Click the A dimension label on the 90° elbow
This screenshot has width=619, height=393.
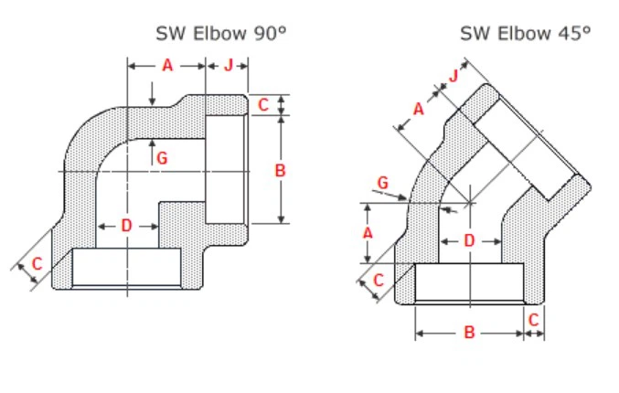tap(167, 65)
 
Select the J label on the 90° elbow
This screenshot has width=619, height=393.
tap(229, 65)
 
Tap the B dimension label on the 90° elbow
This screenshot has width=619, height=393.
tap(280, 170)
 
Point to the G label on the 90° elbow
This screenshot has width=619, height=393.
tap(162, 157)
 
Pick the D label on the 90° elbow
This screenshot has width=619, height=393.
tap(126, 225)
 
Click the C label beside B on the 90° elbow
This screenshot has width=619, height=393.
tap(263, 105)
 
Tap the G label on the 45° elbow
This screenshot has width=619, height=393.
tap(383, 184)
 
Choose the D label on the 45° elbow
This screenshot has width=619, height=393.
tap(468, 240)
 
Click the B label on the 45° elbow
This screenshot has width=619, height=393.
tap(469, 334)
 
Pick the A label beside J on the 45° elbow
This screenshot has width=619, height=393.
tap(419, 109)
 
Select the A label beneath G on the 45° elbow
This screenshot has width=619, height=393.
tap(368, 233)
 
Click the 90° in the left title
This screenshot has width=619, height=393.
tap(271, 34)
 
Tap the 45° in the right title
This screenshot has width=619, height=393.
tap(574, 34)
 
